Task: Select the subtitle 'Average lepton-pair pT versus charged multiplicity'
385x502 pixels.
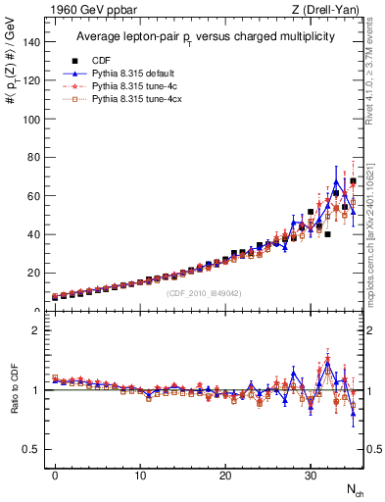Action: pos(206,36)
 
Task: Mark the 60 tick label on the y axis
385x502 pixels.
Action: pos(32,196)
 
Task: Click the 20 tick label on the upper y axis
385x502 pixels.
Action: pos(32,274)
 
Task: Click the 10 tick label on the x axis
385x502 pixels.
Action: pos(140,476)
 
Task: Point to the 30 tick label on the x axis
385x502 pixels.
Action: pos(311,476)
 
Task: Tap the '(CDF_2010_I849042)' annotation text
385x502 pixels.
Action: pos(203,293)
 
